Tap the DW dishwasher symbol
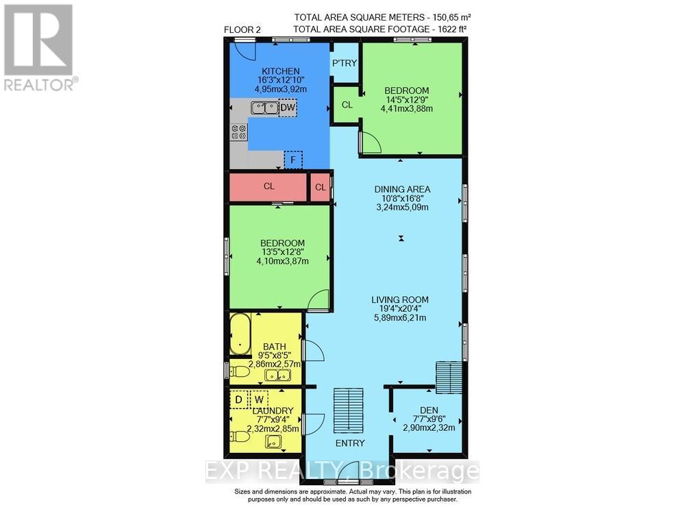288,108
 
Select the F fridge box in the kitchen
293,160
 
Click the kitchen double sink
264,108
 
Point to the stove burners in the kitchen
239,132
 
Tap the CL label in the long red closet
269,186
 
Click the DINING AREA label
401,189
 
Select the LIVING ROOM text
400,299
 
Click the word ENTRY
349,443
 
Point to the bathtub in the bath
240,334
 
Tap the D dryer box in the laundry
238,399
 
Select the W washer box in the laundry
259,399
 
